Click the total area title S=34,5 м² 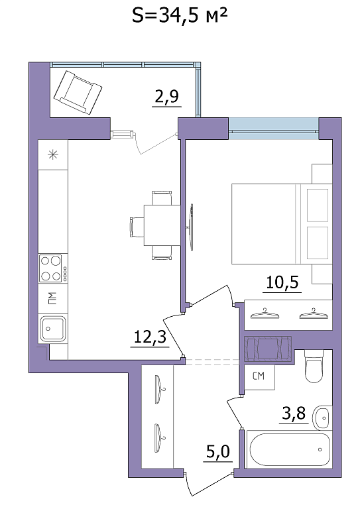[x=180, y=16]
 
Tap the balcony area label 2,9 [x=167, y=96]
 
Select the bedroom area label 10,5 [x=282, y=282]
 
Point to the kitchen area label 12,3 [x=150, y=337]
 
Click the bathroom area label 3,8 [x=294, y=414]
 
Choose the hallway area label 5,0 [x=218, y=451]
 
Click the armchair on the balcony [x=78, y=93]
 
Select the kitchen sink [x=52, y=329]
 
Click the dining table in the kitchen [x=162, y=225]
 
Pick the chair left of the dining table [x=136, y=227]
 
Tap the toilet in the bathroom [x=314, y=366]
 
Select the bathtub [x=290, y=449]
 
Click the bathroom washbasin [x=322, y=417]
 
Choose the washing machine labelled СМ [x=260, y=376]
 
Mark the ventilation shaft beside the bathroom [x=268, y=349]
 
